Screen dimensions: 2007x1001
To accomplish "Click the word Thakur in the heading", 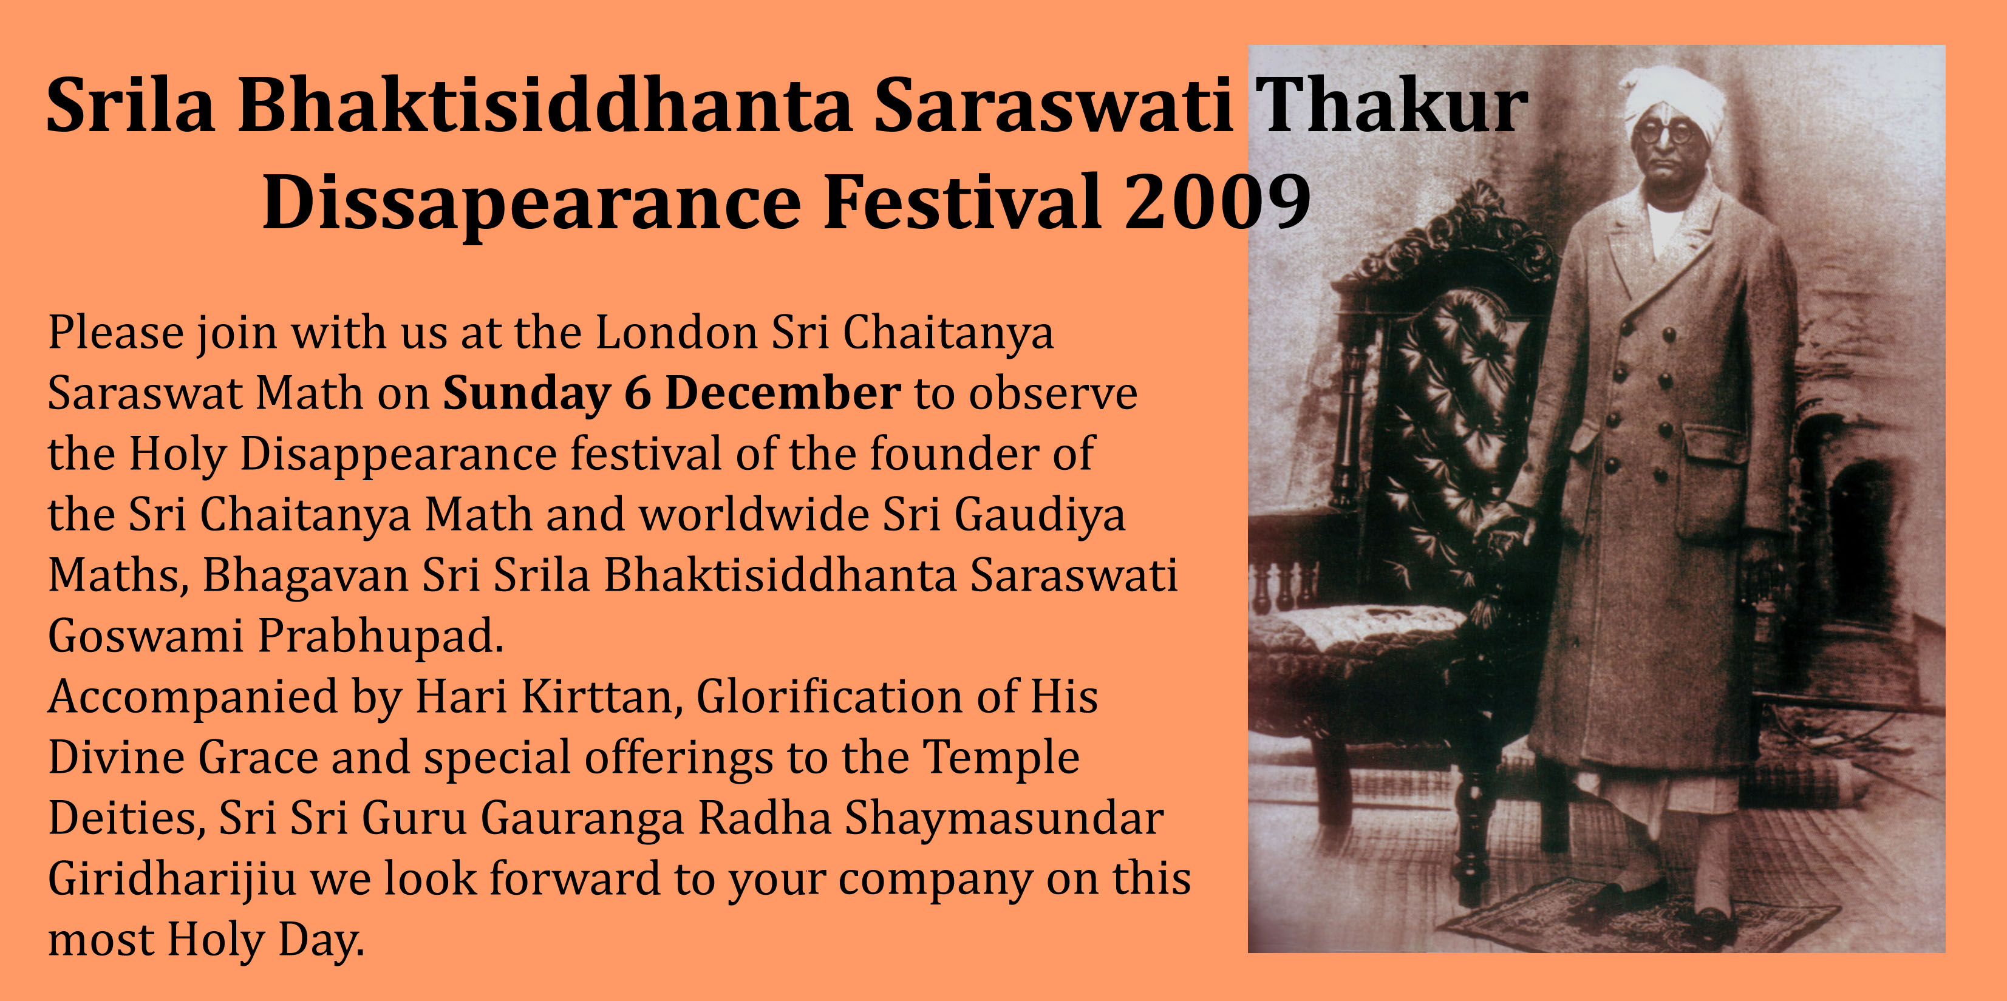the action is coord(1391,104).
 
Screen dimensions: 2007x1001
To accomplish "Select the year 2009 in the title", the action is coord(1218,202).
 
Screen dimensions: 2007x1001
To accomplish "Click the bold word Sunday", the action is coord(526,394).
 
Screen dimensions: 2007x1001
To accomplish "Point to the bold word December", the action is coord(783,393).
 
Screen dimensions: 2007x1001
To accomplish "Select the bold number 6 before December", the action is coord(637,393).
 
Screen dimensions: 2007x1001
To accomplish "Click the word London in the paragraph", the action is coord(677,333).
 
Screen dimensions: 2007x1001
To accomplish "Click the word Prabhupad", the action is coord(381,636).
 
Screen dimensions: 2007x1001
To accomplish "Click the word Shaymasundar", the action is coord(1004,819).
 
